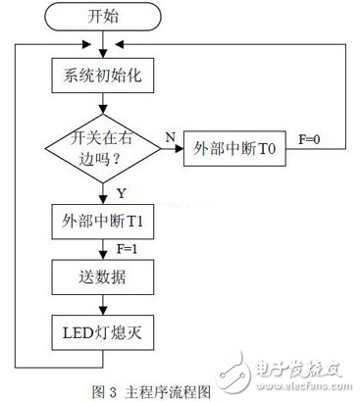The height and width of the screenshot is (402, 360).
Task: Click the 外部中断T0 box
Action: coord(239,149)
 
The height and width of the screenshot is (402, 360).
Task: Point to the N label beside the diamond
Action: coord(169,138)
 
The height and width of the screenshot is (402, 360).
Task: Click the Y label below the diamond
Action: coord(119,192)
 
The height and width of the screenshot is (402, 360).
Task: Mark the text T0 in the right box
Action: coord(266,149)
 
